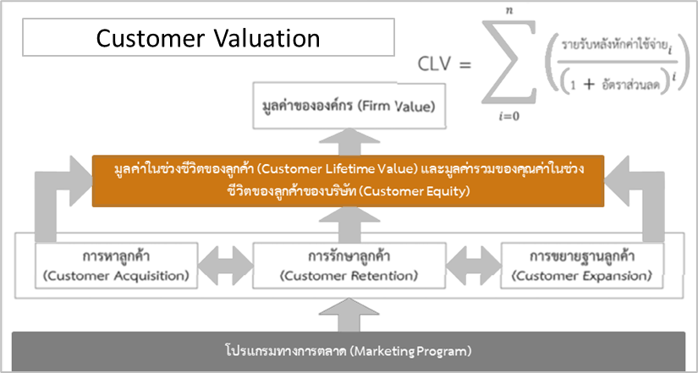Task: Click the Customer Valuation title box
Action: tap(208, 38)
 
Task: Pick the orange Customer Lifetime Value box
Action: tap(349, 180)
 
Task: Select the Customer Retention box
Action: tap(349, 265)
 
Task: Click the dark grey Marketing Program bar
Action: tap(349, 349)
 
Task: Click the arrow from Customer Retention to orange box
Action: tap(349, 223)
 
